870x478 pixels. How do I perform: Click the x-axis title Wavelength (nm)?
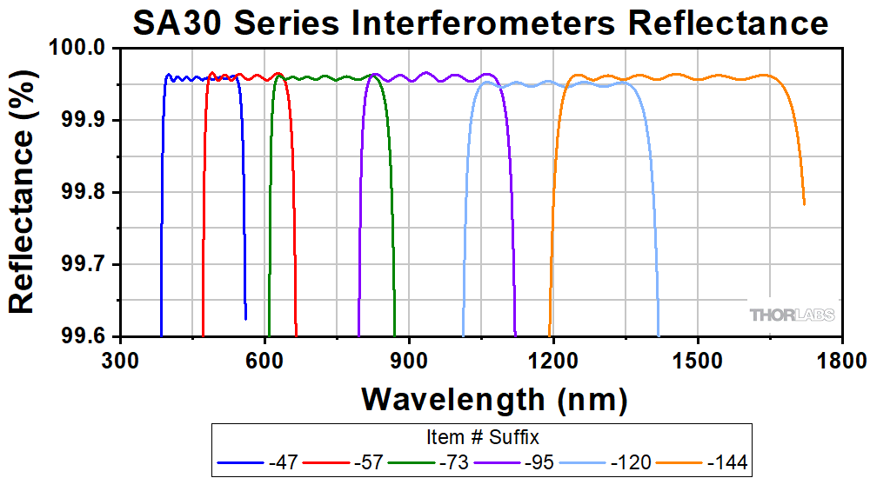494,399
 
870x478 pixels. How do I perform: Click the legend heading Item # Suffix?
481,435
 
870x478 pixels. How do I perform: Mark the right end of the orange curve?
804,205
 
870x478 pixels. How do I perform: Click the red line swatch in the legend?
325,461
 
